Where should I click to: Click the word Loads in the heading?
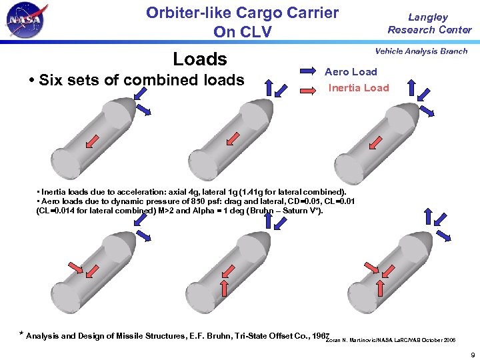(200, 59)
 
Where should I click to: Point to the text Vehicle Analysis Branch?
(421, 51)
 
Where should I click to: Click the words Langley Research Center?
(429, 23)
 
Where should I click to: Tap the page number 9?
(471, 354)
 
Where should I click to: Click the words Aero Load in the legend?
(351, 71)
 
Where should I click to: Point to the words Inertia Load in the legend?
(359, 87)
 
